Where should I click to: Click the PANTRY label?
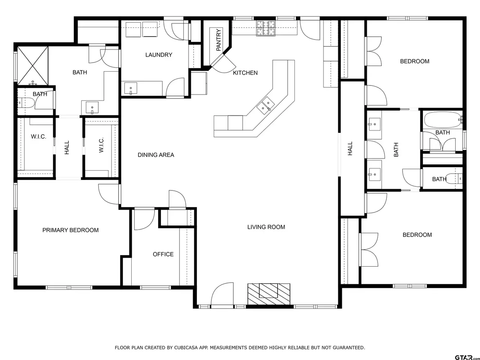click(x=219, y=40)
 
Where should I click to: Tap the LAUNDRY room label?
click(x=159, y=55)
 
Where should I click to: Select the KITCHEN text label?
click(x=245, y=73)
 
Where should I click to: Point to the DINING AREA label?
click(x=156, y=155)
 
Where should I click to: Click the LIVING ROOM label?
click(x=266, y=227)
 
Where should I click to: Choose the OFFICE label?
click(x=163, y=254)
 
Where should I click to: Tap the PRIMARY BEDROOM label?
click(x=70, y=230)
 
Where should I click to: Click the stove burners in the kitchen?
click(x=266, y=28)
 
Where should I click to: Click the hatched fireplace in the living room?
click(x=269, y=294)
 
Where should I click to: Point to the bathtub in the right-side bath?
click(x=443, y=120)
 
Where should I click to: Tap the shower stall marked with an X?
click(x=33, y=66)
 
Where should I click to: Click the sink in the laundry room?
click(x=131, y=88)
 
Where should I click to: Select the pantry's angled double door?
click(x=223, y=64)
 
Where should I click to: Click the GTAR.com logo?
click(x=467, y=357)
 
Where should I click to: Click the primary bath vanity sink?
click(x=92, y=108)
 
